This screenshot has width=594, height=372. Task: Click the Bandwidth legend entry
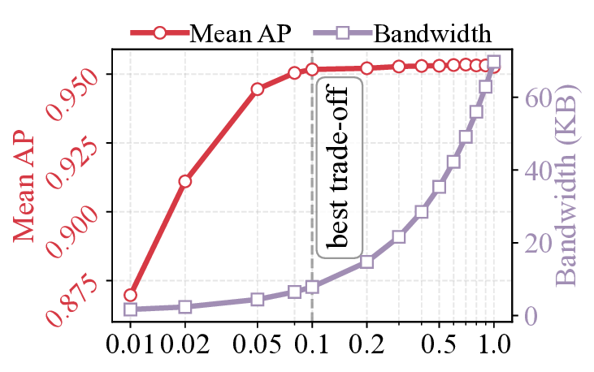(431, 33)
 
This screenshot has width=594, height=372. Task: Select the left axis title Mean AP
(24, 186)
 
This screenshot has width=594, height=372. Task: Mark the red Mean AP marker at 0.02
(185, 181)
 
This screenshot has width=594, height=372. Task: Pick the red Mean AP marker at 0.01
(131, 295)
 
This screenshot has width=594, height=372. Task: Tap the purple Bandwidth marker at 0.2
(366, 262)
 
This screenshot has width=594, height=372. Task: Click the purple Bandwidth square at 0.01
(131, 309)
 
